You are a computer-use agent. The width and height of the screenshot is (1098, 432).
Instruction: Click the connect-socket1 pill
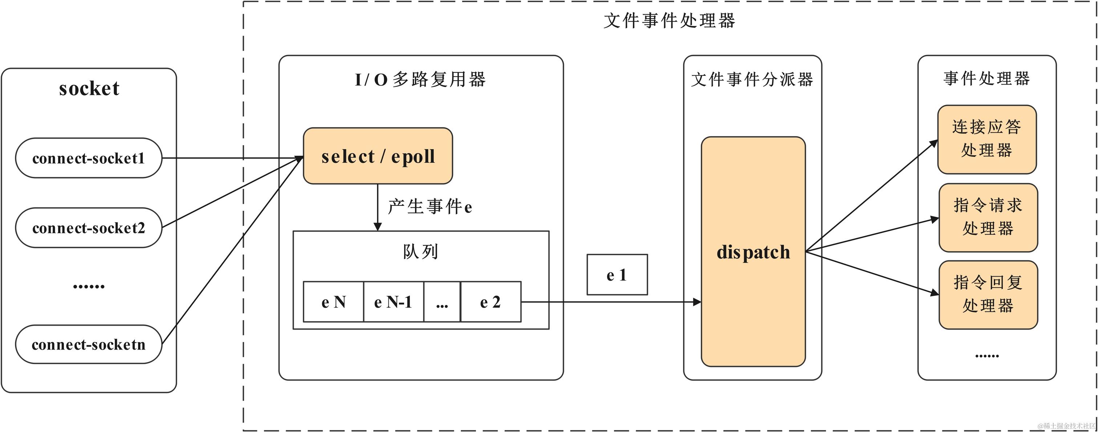point(89,158)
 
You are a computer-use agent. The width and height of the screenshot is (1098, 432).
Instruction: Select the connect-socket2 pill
point(89,228)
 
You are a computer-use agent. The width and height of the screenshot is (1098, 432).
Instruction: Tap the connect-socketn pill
point(89,344)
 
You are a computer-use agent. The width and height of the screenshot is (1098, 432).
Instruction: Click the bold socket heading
point(89,88)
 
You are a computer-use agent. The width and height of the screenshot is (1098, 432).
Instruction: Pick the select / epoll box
point(378,156)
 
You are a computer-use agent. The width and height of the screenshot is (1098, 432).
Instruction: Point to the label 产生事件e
point(430,207)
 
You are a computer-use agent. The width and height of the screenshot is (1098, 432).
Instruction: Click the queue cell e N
point(333,302)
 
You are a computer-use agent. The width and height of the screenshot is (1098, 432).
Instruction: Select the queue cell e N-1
point(393,302)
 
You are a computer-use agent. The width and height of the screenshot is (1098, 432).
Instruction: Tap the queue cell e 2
point(491,302)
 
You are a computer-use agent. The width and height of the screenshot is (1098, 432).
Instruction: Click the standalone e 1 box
point(617,275)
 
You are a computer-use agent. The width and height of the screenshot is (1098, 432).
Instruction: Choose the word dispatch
point(753,252)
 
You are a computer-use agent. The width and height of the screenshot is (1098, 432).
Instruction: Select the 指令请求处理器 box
point(988,217)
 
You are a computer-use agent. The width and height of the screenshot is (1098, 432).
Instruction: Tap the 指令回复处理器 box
point(988,295)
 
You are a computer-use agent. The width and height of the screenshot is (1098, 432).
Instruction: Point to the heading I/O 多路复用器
point(420,80)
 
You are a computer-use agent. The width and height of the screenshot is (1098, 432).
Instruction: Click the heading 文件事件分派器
point(752,80)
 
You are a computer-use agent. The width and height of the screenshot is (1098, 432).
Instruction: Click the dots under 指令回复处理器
point(987,356)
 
